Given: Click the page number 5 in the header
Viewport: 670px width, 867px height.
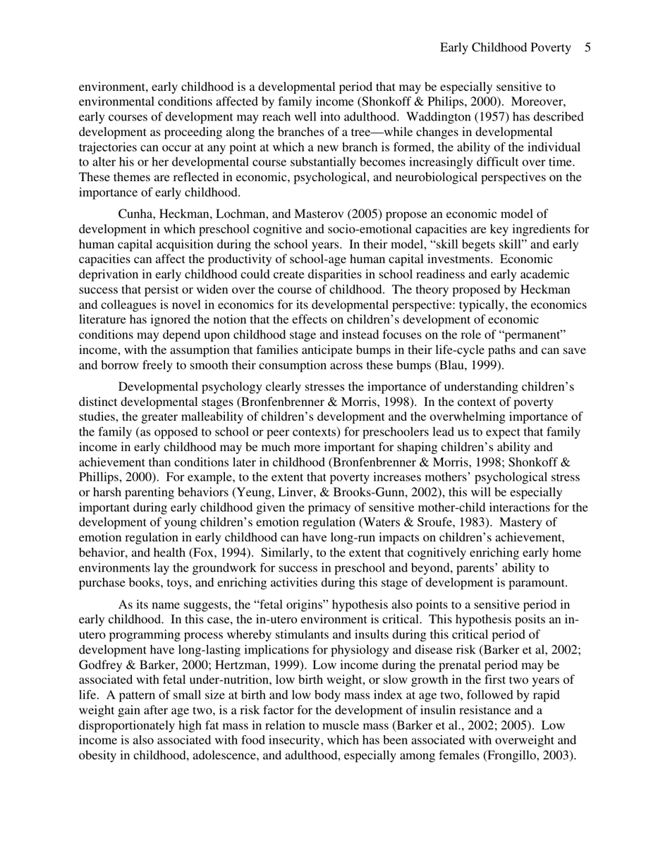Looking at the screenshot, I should tap(587, 48).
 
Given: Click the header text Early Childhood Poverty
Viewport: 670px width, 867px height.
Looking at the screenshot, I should tap(505, 48).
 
